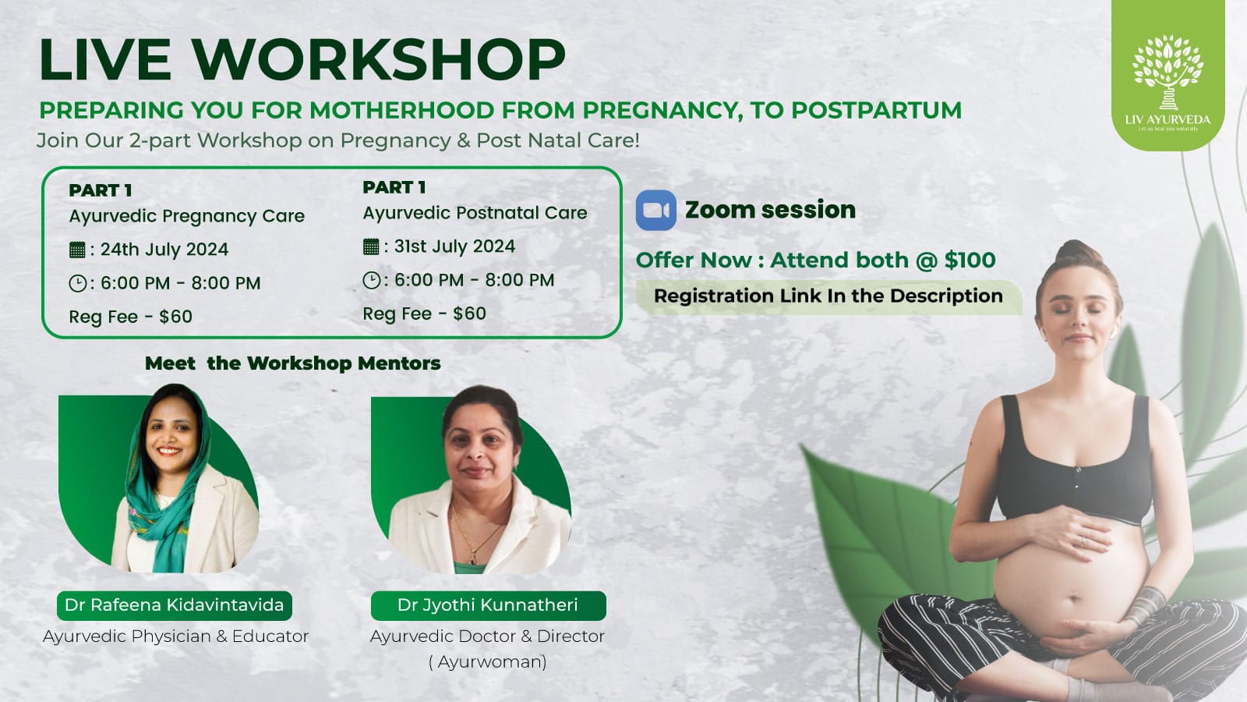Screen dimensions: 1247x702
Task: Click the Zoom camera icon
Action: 655,210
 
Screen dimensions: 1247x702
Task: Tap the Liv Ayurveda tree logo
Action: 1168,73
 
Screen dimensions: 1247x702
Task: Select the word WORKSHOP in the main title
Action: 379,59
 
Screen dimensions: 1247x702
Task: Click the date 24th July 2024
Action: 164,249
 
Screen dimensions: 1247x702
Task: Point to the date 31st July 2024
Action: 455,246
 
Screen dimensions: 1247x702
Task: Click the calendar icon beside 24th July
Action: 77,250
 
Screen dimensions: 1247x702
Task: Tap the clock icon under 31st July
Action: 371,280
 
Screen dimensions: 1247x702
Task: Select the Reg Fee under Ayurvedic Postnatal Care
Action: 424,314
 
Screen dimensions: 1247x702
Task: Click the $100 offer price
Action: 970,261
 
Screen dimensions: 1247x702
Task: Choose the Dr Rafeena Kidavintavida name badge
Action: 175,605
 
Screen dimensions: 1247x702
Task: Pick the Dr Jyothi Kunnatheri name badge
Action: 488,605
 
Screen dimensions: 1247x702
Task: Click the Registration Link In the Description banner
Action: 828,296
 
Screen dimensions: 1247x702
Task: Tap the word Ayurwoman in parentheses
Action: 488,662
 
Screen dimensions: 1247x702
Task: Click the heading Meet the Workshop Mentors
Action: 293,363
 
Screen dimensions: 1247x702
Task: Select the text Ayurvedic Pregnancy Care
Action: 187,216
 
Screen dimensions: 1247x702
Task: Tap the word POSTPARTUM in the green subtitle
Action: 876,110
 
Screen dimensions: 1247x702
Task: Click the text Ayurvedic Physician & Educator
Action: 175,636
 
